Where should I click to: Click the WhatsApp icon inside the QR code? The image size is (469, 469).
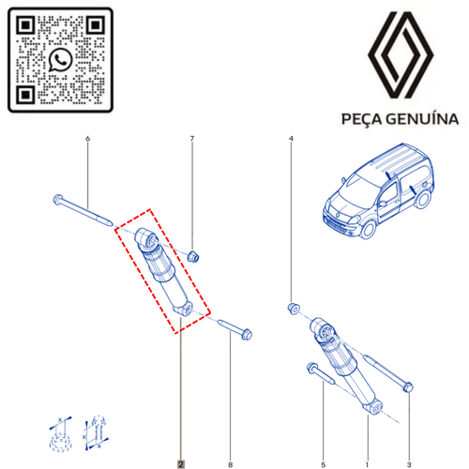[60, 60]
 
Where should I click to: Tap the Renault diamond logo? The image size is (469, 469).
[401, 55]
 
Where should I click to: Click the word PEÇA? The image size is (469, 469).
[361, 119]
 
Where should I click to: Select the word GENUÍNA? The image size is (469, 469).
[422, 119]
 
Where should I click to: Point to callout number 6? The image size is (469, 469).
[87, 138]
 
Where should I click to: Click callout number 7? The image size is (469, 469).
[192, 138]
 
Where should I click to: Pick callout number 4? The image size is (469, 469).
[291, 138]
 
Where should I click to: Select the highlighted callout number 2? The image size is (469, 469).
[181, 464]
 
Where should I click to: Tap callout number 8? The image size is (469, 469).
[231, 464]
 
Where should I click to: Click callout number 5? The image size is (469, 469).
[323, 464]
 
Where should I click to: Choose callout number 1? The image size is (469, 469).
[367, 464]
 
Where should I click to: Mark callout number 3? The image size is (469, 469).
[409, 464]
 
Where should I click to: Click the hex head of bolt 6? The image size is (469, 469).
[58, 200]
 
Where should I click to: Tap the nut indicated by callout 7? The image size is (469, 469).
[193, 256]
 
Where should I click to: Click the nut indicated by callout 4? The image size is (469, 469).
[294, 309]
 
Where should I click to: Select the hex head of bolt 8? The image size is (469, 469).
[247, 334]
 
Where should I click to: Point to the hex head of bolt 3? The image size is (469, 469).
[408, 387]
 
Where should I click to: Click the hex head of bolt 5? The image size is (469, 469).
[312, 368]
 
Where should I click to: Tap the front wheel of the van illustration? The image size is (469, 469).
[369, 229]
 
